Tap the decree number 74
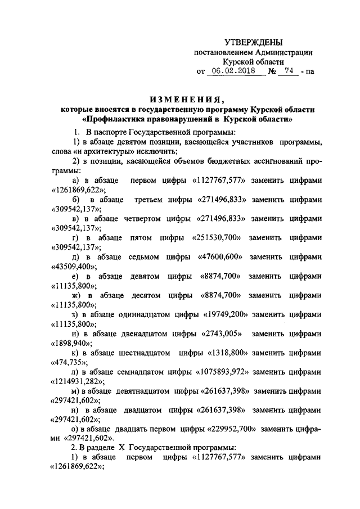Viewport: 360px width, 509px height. pos(289,71)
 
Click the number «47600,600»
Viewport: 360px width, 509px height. pos(220,257)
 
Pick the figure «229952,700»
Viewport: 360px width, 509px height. pos(227,429)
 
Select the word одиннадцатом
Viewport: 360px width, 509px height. pos(137,314)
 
